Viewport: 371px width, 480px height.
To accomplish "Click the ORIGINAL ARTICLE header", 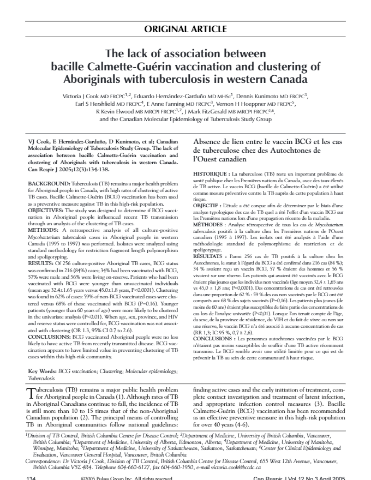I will [x=185, y=29].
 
